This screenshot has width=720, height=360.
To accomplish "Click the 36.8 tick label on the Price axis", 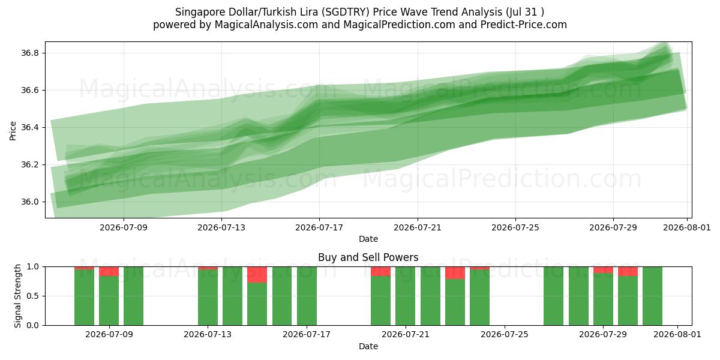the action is tap(29, 53).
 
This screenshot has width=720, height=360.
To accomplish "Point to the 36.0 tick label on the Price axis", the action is tap(29, 202).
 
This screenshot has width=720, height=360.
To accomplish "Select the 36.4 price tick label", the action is tap(29, 128).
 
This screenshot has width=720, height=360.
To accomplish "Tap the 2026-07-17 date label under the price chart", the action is tap(319, 227).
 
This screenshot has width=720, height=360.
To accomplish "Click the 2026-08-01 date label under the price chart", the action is tap(687, 227).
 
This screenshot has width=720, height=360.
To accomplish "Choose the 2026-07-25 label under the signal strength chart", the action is tap(505, 335).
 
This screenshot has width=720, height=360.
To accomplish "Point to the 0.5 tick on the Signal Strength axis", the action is tap(32, 296).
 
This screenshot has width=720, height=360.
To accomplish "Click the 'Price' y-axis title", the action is tap(13, 131).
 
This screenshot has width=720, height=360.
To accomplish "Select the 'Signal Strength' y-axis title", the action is tap(17, 296).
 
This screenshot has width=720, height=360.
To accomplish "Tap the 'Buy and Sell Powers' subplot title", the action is tap(368, 257).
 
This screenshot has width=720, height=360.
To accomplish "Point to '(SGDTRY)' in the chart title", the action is tap(346, 12).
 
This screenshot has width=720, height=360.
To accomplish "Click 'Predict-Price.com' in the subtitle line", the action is tap(524, 25).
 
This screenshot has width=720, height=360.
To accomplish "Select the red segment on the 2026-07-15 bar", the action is tap(257, 275).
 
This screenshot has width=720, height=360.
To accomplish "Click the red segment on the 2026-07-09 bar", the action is tap(109, 271).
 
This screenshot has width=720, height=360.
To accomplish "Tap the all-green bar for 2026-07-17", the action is tap(307, 296).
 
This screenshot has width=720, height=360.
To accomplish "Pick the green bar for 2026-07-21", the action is tap(406, 296).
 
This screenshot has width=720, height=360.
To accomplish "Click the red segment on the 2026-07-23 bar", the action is tap(455, 273).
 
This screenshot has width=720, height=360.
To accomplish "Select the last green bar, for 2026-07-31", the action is tap(653, 296).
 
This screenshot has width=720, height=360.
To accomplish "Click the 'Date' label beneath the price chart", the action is tap(368, 239).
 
